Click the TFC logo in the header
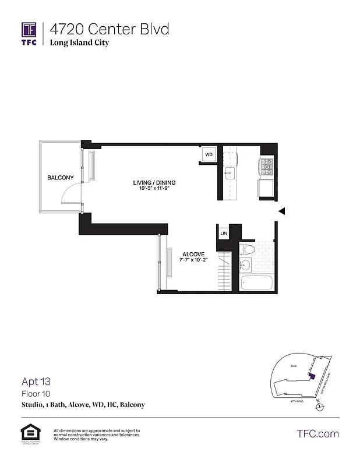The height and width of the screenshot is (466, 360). click(x=29, y=33)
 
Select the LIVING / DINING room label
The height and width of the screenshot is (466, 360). click(x=154, y=182)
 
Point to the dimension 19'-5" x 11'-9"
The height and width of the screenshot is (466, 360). click(x=154, y=189)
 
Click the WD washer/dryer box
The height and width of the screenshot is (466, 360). click(x=208, y=155)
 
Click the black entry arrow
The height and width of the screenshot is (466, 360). click(x=281, y=212)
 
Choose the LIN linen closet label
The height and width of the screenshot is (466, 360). click(x=224, y=233)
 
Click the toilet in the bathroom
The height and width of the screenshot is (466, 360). click(x=248, y=250)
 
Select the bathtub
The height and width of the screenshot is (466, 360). click(x=256, y=283)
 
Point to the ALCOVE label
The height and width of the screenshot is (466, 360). click(x=192, y=254)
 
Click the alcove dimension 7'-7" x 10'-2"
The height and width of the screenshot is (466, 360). click(x=192, y=260)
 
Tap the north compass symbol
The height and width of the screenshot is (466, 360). click(x=318, y=407)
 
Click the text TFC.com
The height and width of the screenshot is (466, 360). click(x=317, y=434)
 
